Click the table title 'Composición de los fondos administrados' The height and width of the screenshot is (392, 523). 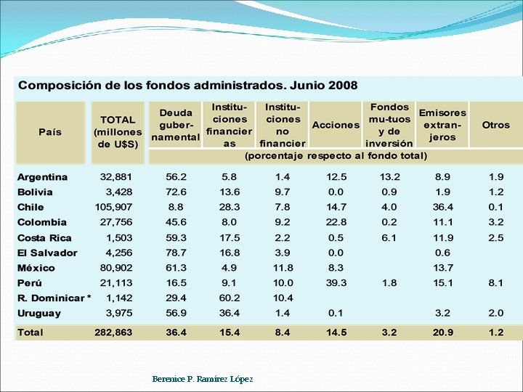point(188,85)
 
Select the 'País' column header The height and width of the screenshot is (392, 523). point(50,132)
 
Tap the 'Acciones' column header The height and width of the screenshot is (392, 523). point(336,125)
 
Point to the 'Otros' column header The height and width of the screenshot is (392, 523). point(496,125)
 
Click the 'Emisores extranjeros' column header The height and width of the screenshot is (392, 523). point(442,125)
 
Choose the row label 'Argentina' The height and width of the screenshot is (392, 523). point(43,177)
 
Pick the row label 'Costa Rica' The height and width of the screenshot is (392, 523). point(44,238)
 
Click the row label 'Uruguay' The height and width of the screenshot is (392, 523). point(39,314)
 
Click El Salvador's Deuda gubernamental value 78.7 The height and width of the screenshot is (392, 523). point(176,253)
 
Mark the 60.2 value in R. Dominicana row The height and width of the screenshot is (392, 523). point(230,298)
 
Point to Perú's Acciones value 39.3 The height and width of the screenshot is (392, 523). point(336,283)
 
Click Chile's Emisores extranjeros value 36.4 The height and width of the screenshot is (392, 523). point(442,208)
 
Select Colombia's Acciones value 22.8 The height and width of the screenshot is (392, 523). point(336,223)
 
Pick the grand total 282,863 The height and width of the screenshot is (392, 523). point(113,332)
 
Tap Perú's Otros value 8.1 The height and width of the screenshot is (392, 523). point(496,283)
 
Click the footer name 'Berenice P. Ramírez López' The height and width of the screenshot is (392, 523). point(203,379)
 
